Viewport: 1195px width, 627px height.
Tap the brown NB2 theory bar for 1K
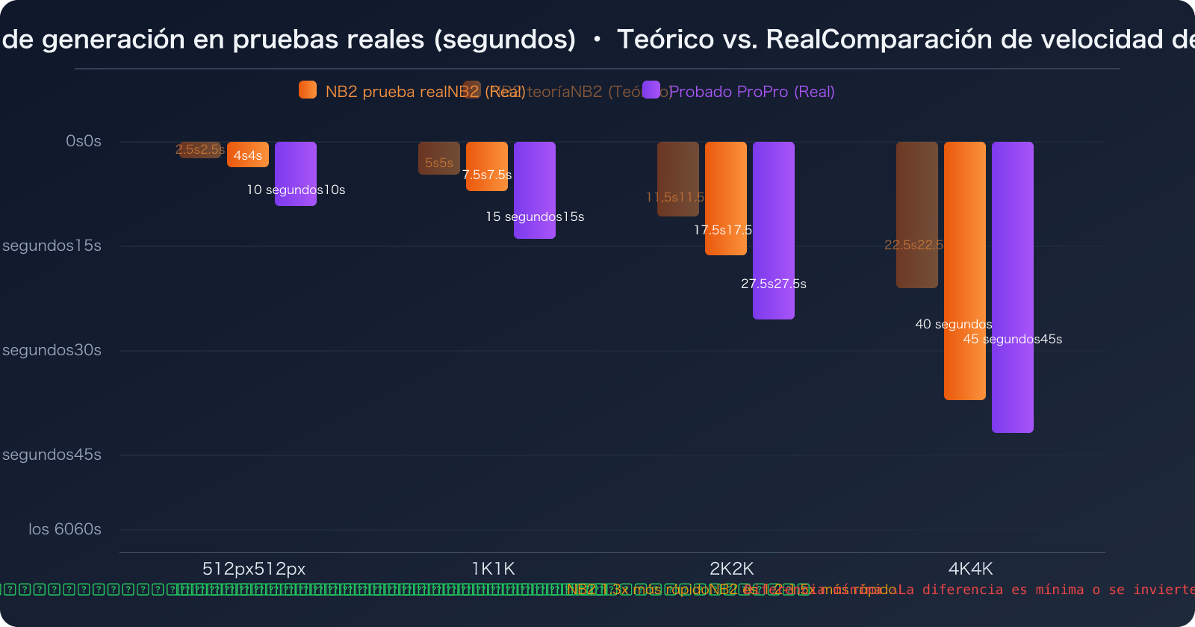[439, 157]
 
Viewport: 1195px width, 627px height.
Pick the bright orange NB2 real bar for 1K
[487, 166]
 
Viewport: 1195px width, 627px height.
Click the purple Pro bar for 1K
[535, 190]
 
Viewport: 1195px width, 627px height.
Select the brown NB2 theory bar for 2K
[678, 179]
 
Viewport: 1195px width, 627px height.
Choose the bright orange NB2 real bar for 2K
[726, 199]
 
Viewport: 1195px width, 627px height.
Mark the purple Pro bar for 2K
[774, 230]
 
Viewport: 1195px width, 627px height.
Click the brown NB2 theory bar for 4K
[917, 214]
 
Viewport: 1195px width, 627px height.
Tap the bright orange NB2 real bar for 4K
[965, 270]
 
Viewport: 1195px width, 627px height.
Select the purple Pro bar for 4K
[1013, 287]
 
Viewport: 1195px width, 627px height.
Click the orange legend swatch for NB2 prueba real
[308, 90]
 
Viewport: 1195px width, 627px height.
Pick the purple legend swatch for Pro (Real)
[651, 90]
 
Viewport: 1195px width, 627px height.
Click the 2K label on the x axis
[732, 569]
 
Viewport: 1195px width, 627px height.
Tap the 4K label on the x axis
[971, 569]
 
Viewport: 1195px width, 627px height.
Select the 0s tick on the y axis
[84, 141]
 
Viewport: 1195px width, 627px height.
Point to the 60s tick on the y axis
[65, 529]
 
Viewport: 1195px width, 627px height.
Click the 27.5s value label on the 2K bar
[774, 284]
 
